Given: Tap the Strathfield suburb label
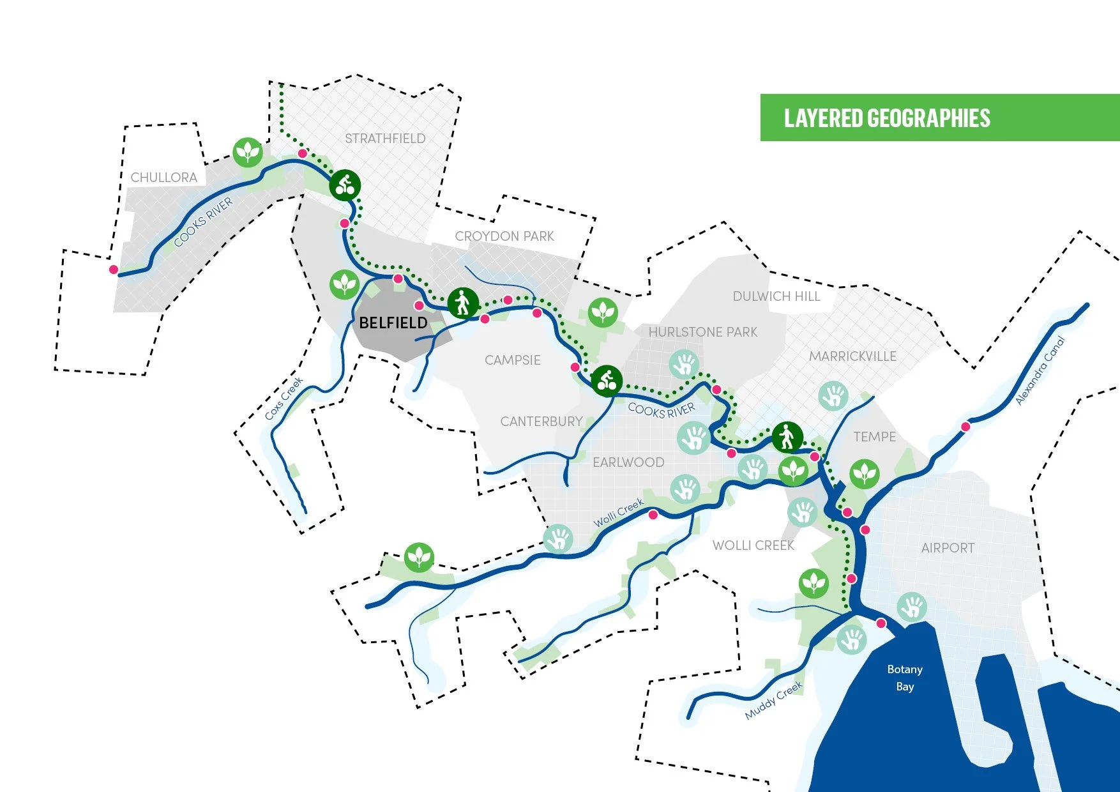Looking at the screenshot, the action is point(385,139).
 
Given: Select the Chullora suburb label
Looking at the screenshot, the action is point(163,178).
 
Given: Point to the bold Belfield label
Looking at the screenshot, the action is point(393,323).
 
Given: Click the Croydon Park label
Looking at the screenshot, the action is point(504,236).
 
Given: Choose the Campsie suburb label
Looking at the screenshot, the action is point(512,360).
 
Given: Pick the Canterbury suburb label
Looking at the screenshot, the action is point(541,422).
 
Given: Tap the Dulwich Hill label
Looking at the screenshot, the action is point(776,296).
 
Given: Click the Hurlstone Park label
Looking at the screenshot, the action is point(703,332).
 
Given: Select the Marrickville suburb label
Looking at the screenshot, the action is point(852,356).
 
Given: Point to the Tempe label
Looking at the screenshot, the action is point(875,437).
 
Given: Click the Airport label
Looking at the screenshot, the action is point(948,548).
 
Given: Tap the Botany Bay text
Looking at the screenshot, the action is point(905,678).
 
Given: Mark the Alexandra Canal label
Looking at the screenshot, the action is point(1041,370).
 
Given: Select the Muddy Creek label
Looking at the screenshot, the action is point(773,701).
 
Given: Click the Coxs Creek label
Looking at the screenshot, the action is point(284,399).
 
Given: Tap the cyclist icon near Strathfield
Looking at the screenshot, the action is point(345,186).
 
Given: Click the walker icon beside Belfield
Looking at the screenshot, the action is point(463,303).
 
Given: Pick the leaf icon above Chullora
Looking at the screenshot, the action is point(248,153).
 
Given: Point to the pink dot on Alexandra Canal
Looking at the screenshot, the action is point(965,427).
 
